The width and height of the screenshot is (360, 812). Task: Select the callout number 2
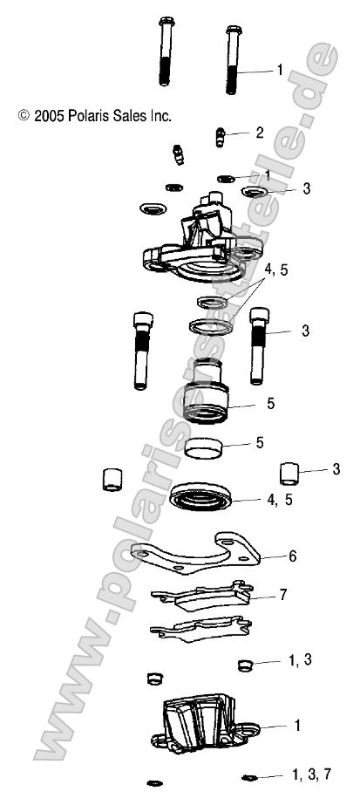tap(259, 133)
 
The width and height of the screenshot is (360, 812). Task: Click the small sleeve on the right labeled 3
tap(291, 472)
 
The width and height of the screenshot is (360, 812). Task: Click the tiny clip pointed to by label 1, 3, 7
tap(248, 776)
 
